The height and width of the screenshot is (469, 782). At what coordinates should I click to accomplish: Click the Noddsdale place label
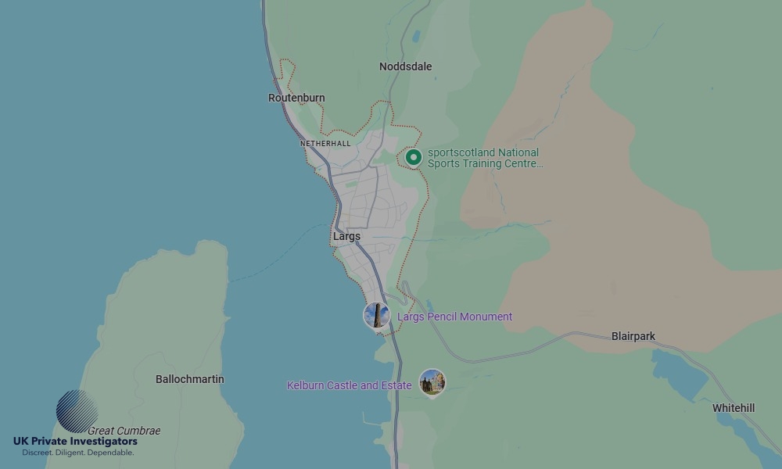[405, 66]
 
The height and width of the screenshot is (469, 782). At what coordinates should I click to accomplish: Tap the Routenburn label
[296, 98]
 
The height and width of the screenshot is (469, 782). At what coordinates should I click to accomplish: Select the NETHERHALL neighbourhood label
[325, 144]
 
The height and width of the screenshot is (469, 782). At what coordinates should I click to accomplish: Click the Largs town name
[346, 236]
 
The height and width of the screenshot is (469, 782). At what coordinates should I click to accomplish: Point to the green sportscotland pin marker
[414, 158]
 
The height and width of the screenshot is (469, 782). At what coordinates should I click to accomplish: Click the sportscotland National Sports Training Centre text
[485, 158]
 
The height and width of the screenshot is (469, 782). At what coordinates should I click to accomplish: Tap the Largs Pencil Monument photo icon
[377, 316]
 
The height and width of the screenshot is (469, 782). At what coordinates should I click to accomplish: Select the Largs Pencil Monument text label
[454, 317]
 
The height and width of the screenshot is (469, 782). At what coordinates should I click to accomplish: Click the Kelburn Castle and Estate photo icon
[432, 382]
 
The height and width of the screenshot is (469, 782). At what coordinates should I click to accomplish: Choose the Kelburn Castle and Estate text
[349, 385]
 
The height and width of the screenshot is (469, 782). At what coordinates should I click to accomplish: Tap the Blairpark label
[633, 336]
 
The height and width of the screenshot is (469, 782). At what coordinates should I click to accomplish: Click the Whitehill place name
[734, 408]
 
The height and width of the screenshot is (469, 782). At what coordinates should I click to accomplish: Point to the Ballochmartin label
[189, 379]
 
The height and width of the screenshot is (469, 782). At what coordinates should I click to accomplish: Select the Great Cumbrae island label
[124, 431]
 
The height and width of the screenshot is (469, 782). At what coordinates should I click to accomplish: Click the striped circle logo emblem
[77, 411]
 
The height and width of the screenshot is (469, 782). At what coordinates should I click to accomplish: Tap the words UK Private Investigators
[75, 442]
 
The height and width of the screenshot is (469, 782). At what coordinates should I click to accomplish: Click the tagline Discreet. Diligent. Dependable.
[77, 453]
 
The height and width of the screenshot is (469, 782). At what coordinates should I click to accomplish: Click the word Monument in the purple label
[486, 317]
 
